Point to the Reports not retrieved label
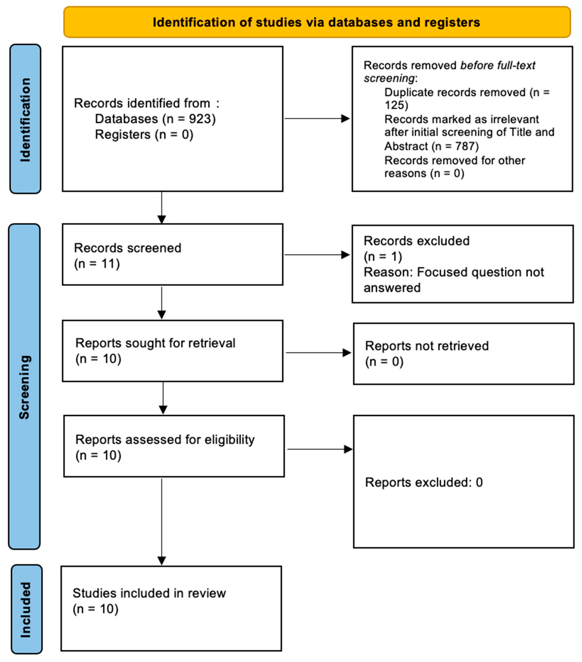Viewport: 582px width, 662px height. [x=427, y=346]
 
